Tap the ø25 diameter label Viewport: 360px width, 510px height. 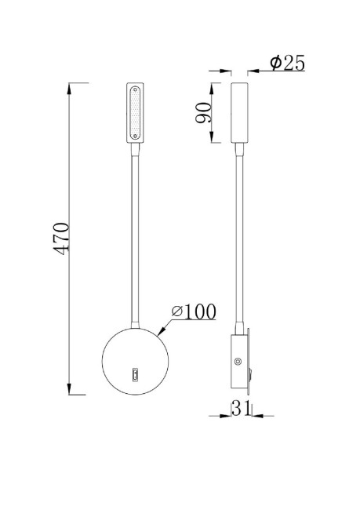[x=287, y=64]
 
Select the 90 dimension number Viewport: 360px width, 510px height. [x=202, y=113]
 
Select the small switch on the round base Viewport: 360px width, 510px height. [x=135, y=375]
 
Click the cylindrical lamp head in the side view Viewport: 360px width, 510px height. [x=239, y=113]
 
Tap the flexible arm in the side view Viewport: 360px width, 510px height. [x=239, y=235]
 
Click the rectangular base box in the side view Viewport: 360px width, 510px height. [x=238, y=362]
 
